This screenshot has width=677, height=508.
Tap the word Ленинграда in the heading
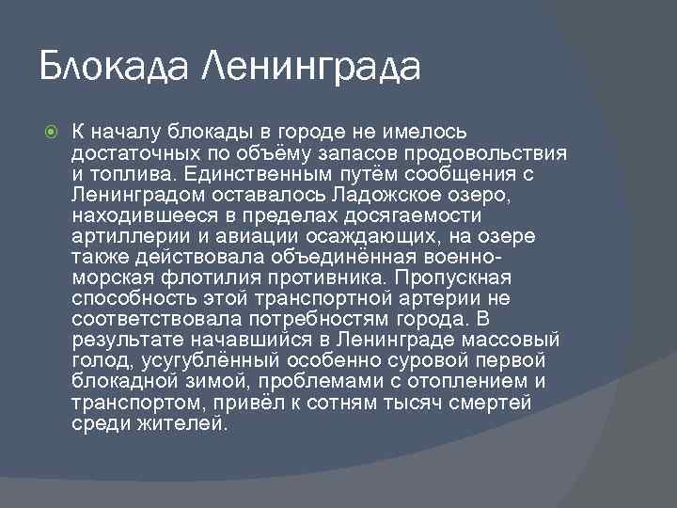[312, 67]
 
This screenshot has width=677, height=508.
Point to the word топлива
[125, 174]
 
